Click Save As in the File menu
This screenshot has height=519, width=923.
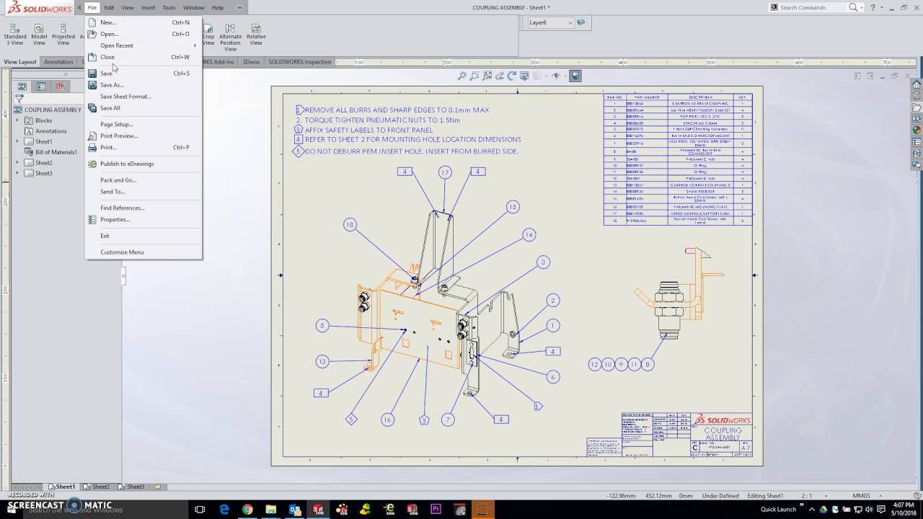point(112,85)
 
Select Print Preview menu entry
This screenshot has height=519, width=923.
point(119,136)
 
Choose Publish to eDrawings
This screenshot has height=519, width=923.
point(127,164)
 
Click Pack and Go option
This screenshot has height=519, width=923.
point(118,180)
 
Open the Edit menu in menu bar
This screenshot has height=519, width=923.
point(109,7)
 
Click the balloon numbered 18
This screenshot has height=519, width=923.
point(350,225)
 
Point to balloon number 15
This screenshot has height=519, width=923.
point(513,207)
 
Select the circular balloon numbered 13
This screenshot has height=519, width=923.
point(322,362)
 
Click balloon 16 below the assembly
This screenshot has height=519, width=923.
point(387,420)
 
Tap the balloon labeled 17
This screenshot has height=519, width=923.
point(445,172)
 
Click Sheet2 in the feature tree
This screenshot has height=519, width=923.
point(44,163)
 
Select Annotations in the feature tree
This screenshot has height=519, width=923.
point(50,131)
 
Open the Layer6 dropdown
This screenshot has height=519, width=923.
point(570,22)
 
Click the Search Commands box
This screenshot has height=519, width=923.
point(811,7)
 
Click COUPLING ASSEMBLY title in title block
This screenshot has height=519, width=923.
point(723,434)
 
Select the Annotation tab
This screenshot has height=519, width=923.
point(58,62)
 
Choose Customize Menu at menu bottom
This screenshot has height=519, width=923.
point(122,252)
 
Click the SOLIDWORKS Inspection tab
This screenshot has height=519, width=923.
point(299,62)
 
